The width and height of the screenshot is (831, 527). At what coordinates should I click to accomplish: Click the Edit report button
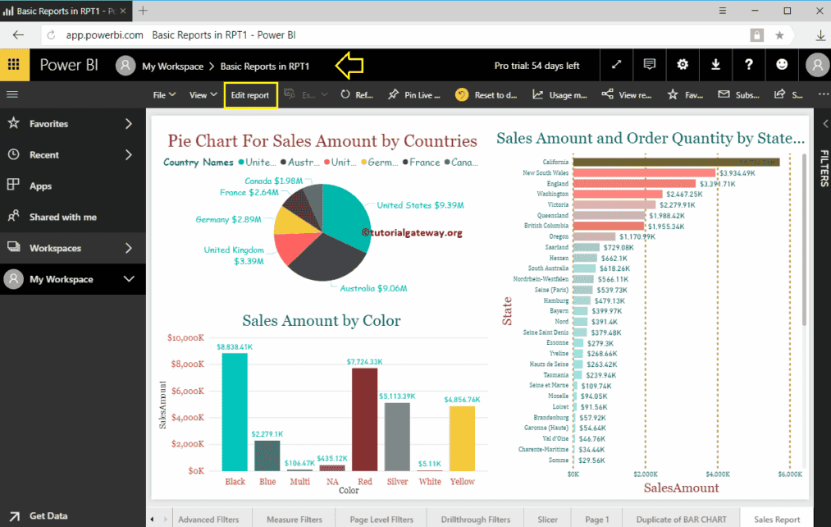250,95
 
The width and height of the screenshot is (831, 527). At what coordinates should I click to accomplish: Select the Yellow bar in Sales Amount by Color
462,438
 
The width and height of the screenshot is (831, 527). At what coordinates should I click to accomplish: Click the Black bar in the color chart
235,411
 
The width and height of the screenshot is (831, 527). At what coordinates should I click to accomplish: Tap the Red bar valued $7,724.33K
365,419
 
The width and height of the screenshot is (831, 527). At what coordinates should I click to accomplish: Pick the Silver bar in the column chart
397,436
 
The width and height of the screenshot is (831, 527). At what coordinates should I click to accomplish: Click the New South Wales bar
644,173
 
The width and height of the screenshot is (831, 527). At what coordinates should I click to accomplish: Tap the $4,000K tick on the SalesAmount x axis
717,474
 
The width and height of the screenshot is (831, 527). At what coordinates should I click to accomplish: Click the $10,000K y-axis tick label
185,337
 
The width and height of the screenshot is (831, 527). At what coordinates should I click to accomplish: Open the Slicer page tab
547,519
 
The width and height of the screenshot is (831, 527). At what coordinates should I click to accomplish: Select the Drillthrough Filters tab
476,519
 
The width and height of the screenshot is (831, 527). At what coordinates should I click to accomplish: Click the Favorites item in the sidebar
48,124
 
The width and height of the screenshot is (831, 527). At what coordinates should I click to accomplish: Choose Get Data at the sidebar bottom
48,516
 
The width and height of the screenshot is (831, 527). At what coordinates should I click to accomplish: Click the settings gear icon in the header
683,65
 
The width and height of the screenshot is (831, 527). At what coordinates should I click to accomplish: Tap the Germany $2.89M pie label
228,220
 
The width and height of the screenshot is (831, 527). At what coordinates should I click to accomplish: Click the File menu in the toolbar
164,95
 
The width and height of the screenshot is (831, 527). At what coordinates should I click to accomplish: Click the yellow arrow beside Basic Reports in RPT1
350,65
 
